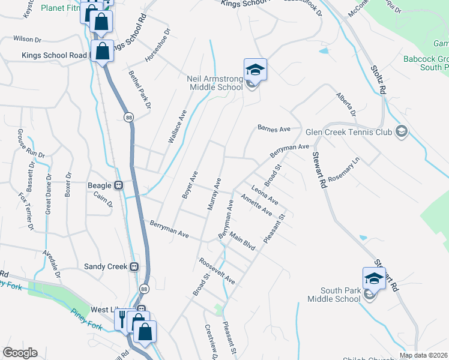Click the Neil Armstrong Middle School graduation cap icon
pyautogui.click(x=255, y=70)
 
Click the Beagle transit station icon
pyautogui.click(x=119, y=185)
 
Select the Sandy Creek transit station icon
pyautogui.click(x=135, y=266)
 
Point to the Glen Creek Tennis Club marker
pyautogui.click(x=401, y=132)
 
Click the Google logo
pyautogui.click(x=20, y=353)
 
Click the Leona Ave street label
pyautogui.click(x=265, y=194)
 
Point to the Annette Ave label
pyautogui.click(x=256, y=205)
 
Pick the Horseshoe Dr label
pyautogui.click(x=158, y=46)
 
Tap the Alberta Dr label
pyautogui.click(x=346, y=104)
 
